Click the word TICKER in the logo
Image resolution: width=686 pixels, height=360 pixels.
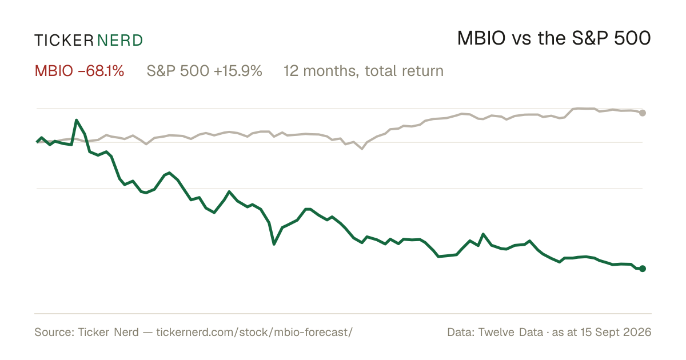pyautogui.click(x=63, y=41)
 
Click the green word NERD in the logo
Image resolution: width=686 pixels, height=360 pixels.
pyautogui.click(x=120, y=41)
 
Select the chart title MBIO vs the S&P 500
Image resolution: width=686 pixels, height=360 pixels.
pyautogui.click(x=554, y=38)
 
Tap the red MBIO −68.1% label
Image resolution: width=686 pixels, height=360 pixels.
pyautogui.click(x=79, y=71)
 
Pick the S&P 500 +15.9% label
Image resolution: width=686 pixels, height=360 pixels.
pyautogui.click(x=204, y=71)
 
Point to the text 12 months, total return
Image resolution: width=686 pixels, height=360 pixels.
pyautogui.click(x=364, y=71)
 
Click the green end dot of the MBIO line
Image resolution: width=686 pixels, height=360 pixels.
pyautogui.click(x=643, y=269)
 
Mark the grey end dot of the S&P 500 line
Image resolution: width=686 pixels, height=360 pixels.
pyautogui.click(x=643, y=113)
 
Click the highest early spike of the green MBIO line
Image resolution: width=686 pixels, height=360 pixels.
pyautogui.click(x=77, y=121)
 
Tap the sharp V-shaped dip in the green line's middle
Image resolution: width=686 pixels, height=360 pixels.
pyautogui.click(x=274, y=244)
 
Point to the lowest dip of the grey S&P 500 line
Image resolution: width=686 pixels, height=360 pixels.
pyautogui.click(x=362, y=149)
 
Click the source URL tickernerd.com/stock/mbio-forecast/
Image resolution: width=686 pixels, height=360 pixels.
pyautogui.click(x=254, y=332)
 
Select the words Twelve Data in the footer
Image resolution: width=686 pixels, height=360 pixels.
pyautogui.click(x=511, y=332)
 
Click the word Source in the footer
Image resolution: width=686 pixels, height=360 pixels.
pyautogui.click(x=53, y=332)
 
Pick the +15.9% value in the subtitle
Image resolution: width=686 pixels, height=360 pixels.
pyautogui.click(x=238, y=71)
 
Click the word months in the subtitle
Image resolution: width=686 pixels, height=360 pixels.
pyautogui.click(x=331, y=71)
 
